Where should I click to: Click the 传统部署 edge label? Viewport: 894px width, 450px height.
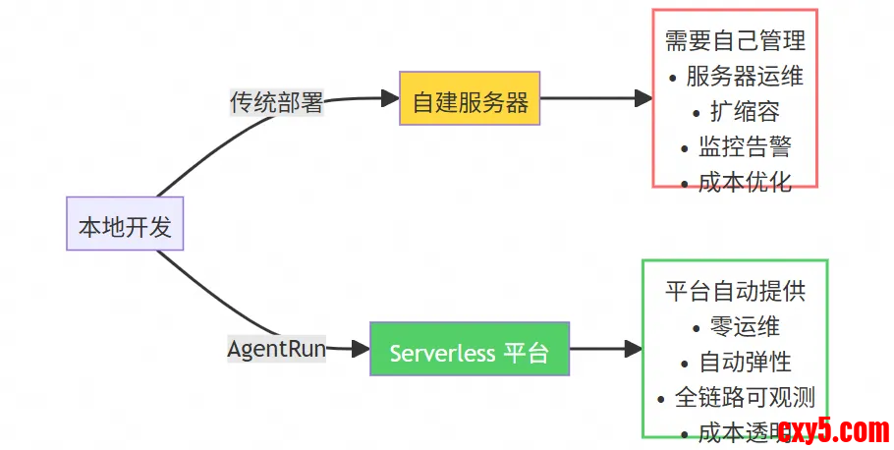click(x=276, y=102)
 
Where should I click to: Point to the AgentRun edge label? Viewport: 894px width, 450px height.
click(x=276, y=348)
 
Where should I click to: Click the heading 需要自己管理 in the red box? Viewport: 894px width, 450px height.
click(x=735, y=40)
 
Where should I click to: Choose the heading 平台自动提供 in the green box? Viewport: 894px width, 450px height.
click(x=735, y=291)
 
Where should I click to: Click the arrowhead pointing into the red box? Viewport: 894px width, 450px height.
click(x=643, y=98)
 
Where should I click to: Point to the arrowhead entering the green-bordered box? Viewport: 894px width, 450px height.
click(x=633, y=349)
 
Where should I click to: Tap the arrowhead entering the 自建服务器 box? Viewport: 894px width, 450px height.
click(x=390, y=98)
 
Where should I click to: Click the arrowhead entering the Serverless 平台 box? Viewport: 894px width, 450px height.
click(x=361, y=348)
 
